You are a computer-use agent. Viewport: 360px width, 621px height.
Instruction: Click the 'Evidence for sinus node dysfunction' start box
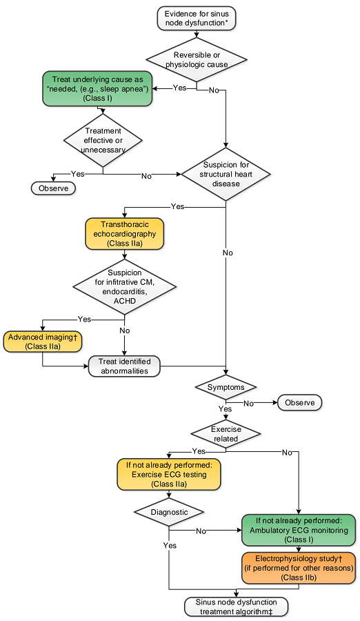click(x=197, y=18)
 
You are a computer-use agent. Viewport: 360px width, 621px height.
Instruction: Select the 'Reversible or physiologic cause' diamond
click(x=197, y=60)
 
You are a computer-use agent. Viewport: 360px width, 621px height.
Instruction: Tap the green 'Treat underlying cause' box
click(x=97, y=89)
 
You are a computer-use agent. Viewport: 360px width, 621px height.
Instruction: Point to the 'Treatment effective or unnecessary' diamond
click(x=103, y=140)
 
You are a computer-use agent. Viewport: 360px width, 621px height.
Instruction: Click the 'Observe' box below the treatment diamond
click(x=54, y=188)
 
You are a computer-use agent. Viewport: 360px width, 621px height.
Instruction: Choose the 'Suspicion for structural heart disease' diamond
click(x=226, y=174)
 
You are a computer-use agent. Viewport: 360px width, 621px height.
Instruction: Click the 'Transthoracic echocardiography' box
click(x=124, y=234)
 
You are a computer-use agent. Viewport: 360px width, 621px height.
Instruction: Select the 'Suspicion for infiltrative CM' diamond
click(x=125, y=287)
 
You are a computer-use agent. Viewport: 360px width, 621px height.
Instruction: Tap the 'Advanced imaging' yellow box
click(x=42, y=342)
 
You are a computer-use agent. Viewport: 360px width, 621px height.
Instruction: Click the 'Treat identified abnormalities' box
click(x=124, y=366)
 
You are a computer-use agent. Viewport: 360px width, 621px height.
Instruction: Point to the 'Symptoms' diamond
click(x=226, y=387)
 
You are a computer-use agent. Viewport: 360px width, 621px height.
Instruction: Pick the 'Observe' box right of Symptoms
click(x=300, y=402)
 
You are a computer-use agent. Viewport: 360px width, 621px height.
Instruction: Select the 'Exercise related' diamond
click(x=226, y=434)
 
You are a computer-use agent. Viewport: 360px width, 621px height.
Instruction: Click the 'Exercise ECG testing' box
click(x=169, y=474)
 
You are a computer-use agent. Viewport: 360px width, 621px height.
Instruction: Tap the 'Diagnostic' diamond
click(x=169, y=512)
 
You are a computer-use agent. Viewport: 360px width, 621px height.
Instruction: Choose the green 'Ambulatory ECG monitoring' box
click(x=299, y=530)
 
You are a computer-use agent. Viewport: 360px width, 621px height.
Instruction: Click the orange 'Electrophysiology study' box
click(x=299, y=568)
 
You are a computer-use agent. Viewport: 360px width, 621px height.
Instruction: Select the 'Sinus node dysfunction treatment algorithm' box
click(x=236, y=607)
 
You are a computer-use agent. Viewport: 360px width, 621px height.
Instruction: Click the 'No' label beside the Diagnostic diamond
click(x=201, y=531)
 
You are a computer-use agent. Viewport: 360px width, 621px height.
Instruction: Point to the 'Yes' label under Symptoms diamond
click(x=225, y=408)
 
